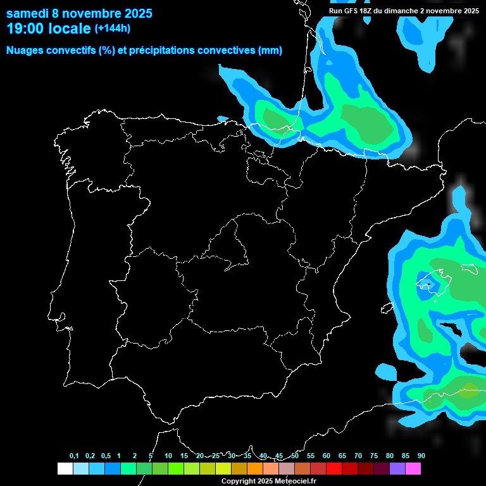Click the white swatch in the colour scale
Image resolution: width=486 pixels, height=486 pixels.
(65, 469)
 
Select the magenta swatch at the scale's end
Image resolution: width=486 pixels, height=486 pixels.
(413, 469)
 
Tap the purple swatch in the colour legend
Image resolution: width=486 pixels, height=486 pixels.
(397, 469)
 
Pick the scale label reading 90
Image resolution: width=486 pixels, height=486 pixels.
(421, 456)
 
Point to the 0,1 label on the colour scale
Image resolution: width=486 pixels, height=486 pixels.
(74, 456)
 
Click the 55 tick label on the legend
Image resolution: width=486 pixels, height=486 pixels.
(311, 456)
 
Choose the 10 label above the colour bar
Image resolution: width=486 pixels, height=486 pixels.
(168, 456)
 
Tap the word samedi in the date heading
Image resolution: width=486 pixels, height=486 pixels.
(28, 13)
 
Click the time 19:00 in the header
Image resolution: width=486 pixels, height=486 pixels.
(25, 28)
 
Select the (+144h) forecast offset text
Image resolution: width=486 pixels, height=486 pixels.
(112, 28)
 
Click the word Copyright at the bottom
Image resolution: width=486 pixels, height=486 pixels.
(239, 481)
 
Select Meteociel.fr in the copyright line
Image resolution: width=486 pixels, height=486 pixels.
(296, 481)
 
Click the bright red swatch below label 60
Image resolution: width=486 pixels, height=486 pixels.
(334, 469)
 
